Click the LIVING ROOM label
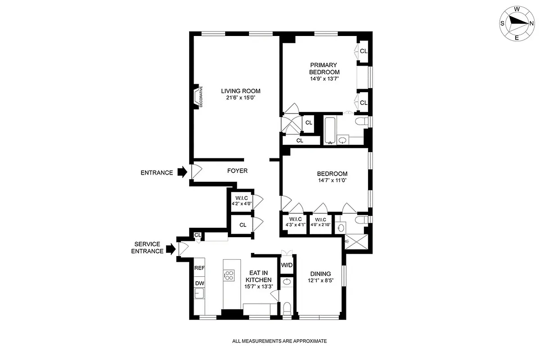point(244,91)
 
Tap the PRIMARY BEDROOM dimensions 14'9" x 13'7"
point(324,79)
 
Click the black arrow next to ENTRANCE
point(182,172)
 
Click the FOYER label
point(237,171)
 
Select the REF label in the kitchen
point(199,268)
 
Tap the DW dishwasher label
point(199,283)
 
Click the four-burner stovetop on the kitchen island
point(229,275)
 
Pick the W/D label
point(287,265)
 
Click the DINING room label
point(320,274)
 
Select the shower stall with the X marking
point(357,243)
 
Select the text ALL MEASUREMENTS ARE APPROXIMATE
point(279,341)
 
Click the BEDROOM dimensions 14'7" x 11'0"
point(332,180)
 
